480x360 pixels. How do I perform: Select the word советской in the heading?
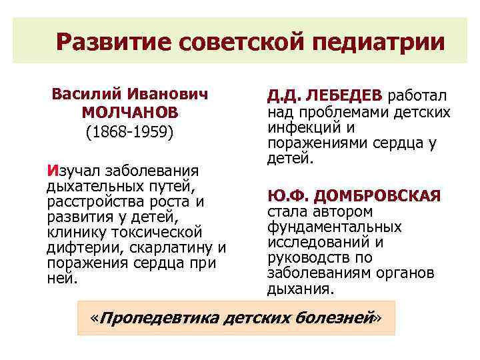[x=243, y=43]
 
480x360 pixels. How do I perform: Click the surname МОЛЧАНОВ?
[x=130, y=113]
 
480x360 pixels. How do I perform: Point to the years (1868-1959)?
[x=130, y=131]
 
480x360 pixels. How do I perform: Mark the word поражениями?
[x=317, y=143]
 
